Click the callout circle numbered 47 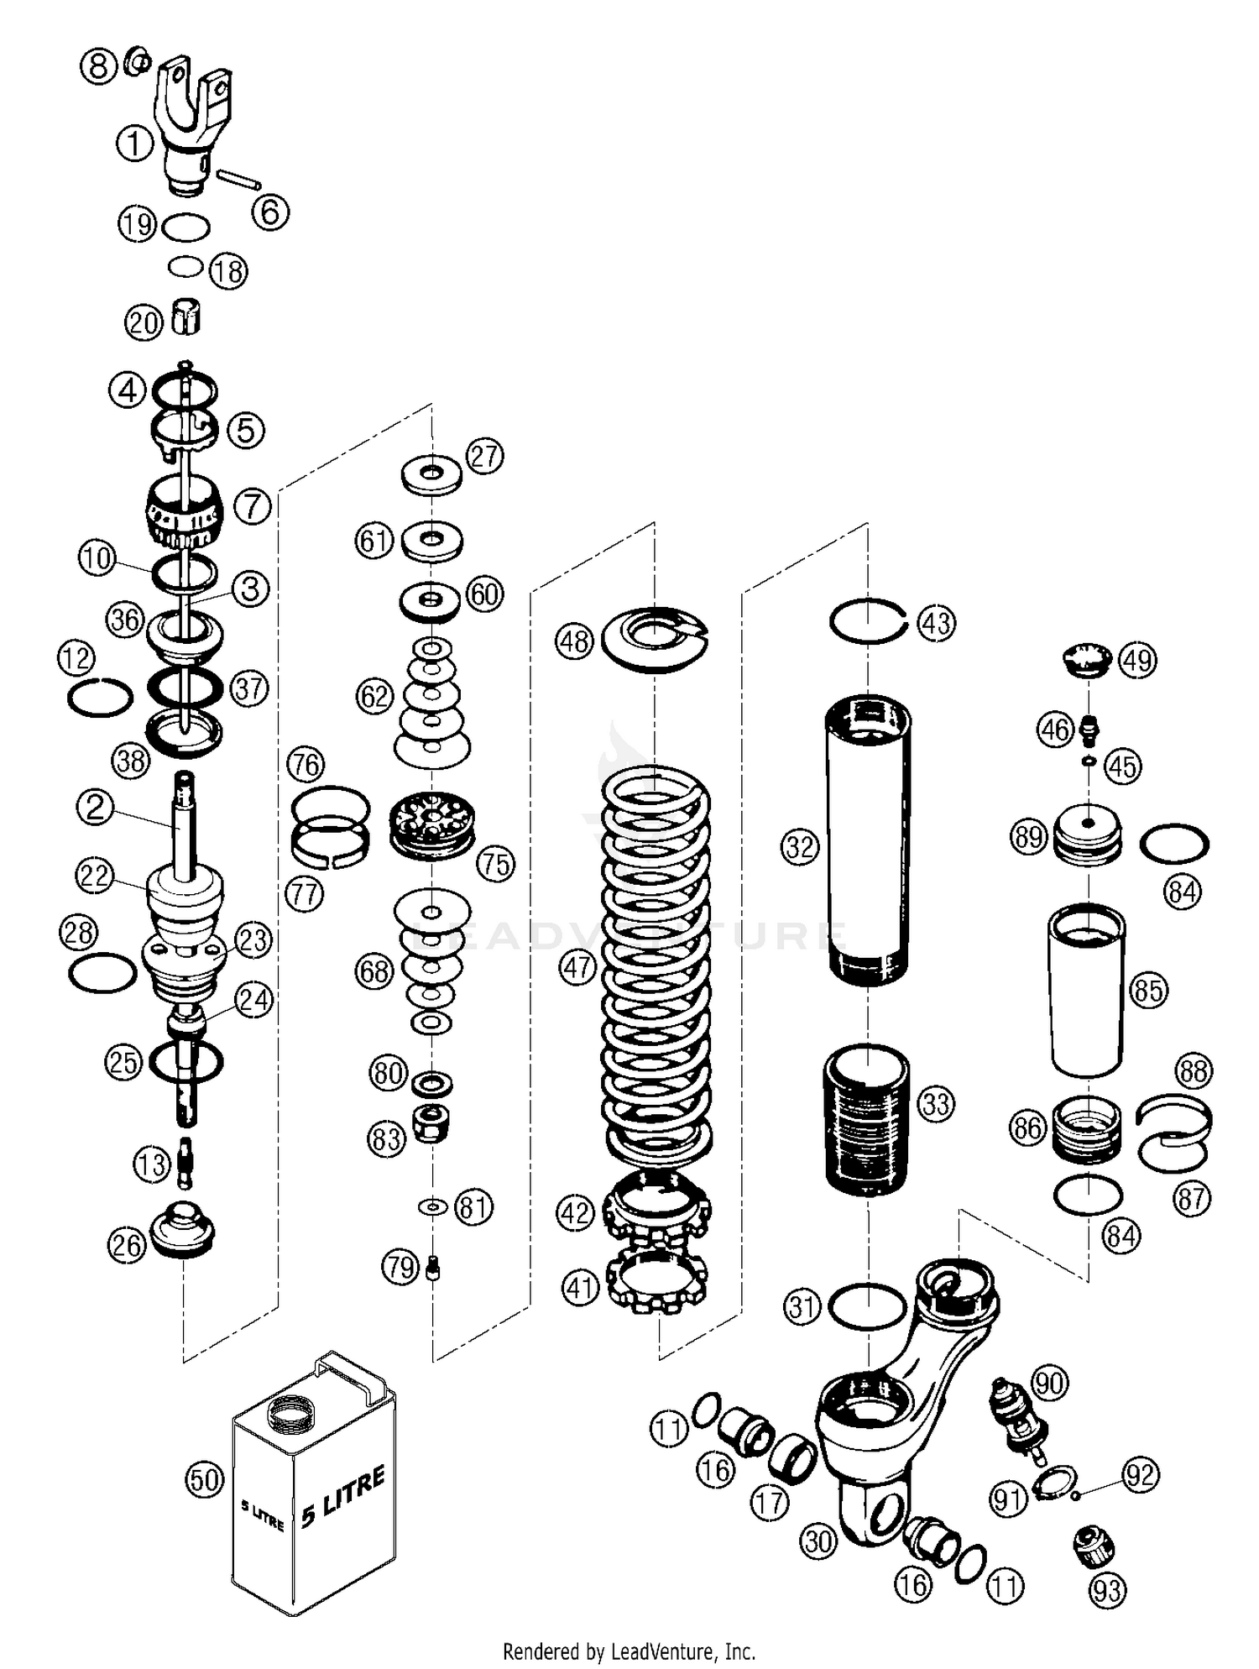(x=577, y=967)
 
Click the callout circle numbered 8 (x=99, y=65)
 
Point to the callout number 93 (x=1107, y=1589)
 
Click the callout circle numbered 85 (x=1148, y=990)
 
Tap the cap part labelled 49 (x=1086, y=659)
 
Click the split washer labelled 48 (x=656, y=638)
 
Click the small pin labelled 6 (x=239, y=180)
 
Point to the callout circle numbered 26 (x=126, y=1245)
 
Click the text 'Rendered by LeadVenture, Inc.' (x=629, y=1651)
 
